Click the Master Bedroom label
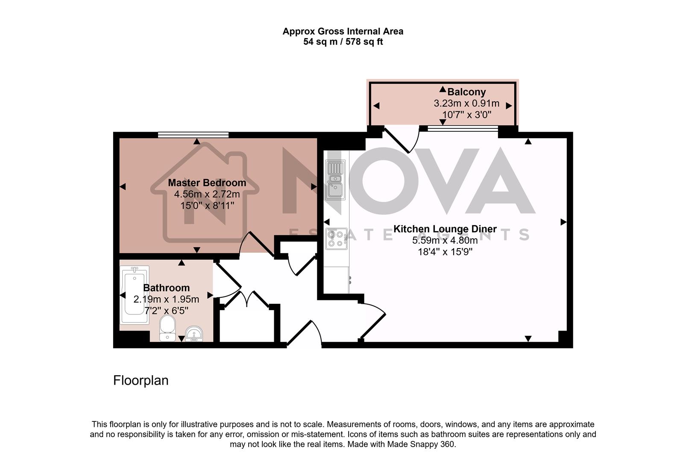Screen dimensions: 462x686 pos(207,183)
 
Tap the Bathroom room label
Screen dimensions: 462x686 pos(166,288)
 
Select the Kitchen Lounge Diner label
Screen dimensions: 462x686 pos(445,229)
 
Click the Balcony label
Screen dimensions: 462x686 pos(466,92)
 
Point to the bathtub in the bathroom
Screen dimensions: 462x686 pos(135,295)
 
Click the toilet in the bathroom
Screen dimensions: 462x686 pos(167,329)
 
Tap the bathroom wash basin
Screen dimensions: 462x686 pos(194,333)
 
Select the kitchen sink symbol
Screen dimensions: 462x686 pos(335,180)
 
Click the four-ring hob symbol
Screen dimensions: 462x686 pos(335,239)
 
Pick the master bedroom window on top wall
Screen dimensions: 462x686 pos(193,135)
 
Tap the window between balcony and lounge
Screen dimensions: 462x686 pos(463,127)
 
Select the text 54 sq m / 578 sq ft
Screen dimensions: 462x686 pos(343,42)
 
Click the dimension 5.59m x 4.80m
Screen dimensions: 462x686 pos(445,240)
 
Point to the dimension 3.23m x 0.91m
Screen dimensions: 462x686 pos(466,103)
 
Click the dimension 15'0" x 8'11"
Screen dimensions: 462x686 pos(207,206)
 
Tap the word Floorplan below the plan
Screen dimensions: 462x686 pos(141,380)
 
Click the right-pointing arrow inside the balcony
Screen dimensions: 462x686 pos(509,106)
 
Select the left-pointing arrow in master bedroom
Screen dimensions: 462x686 pos(123,187)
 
